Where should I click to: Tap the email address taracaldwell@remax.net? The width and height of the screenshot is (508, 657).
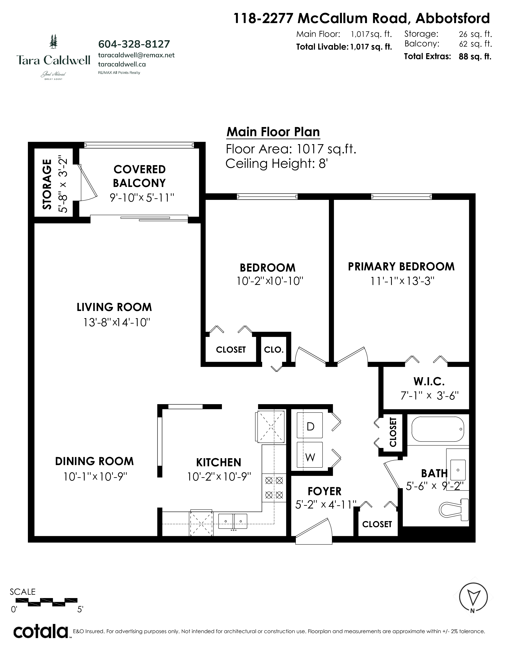tap(136, 55)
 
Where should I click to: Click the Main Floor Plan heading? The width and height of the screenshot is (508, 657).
tap(273, 132)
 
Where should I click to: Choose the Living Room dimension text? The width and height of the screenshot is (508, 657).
tap(117, 323)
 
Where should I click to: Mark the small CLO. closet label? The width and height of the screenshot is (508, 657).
tap(274, 350)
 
